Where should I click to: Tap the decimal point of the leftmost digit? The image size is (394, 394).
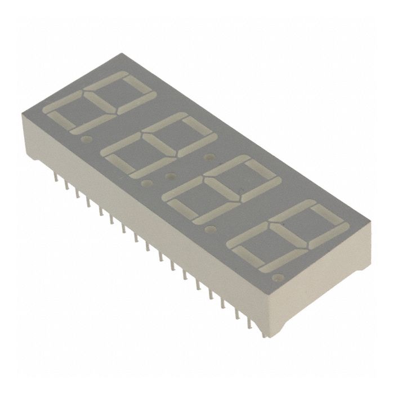pyautogui.click(x=86, y=137)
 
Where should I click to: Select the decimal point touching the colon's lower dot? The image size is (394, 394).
pyautogui.click(x=148, y=183)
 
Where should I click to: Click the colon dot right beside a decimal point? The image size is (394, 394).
pyautogui.click(x=168, y=177)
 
